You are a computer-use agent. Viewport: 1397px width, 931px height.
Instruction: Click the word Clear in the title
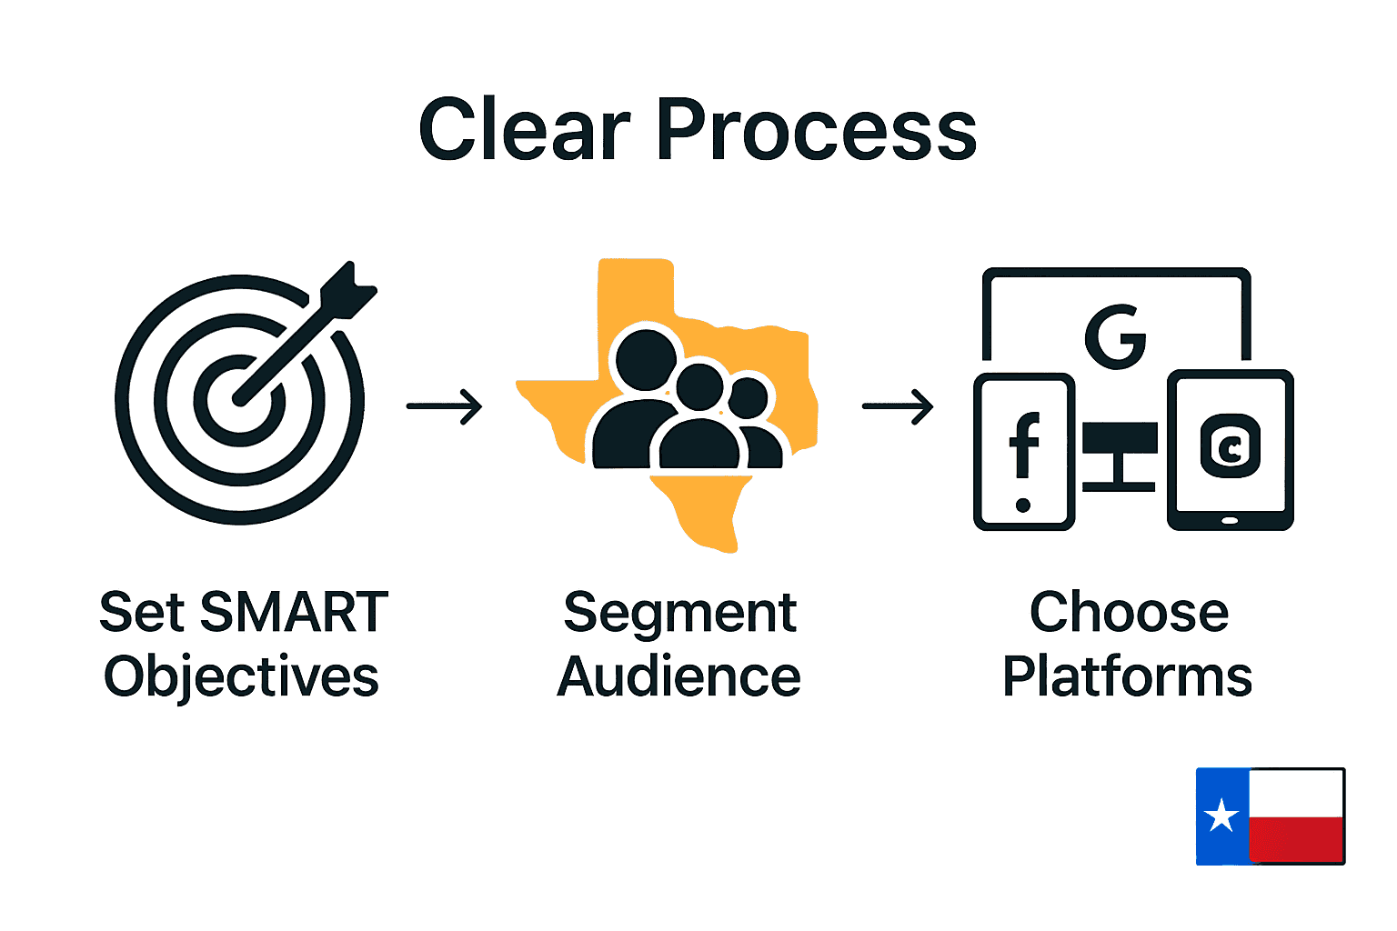(x=524, y=131)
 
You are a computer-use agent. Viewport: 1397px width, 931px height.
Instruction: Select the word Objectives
(x=241, y=677)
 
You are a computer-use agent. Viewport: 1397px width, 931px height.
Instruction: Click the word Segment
(x=679, y=614)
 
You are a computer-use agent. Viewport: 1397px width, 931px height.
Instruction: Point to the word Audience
(x=678, y=677)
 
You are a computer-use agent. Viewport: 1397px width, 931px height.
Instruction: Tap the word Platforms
(x=1127, y=677)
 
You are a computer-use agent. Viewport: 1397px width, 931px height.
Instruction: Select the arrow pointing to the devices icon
(x=898, y=406)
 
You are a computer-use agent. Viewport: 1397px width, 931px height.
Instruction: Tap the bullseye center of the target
(x=239, y=399)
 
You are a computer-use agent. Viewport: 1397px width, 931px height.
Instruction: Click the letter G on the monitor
(x=1115, y=336)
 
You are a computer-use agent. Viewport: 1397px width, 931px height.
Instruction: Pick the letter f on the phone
(x=1024, y=445)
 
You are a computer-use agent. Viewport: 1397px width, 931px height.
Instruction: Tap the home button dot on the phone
(x=1023, y=506)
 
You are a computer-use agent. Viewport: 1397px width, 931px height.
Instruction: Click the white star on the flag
(x=1221, y=816)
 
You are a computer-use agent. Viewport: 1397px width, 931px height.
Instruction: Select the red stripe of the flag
(x=1296, y=838)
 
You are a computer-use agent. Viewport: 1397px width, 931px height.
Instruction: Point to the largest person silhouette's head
(x=647, y=360)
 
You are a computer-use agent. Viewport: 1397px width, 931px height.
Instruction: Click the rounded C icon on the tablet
(x=1231, y=446)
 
